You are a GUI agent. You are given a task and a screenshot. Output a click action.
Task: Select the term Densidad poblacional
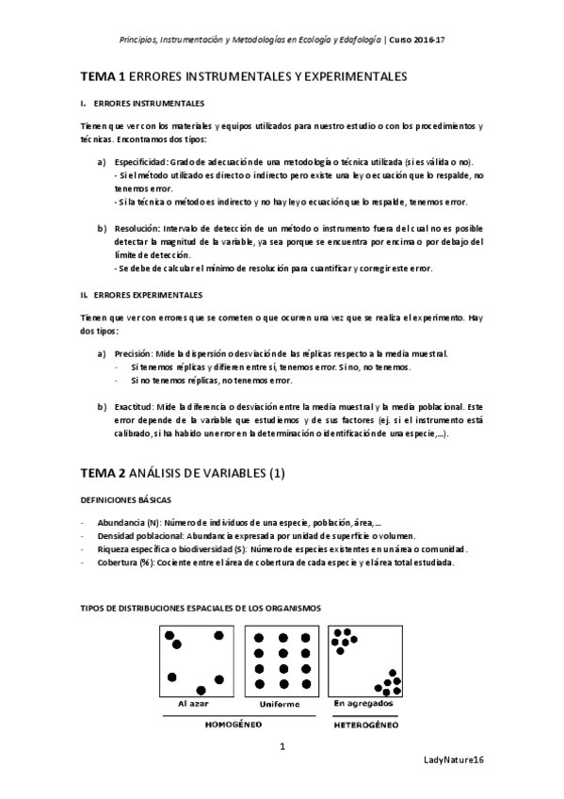click(140, 535)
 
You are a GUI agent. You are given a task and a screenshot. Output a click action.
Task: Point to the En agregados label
click(363, 704)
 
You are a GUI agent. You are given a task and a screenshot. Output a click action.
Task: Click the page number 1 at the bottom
click(282, 747)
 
